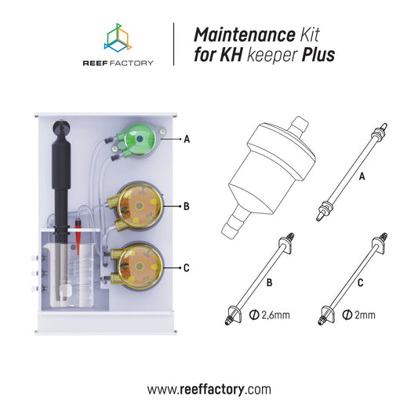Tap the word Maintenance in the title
pos(232,35)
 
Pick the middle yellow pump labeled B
pos(140,207)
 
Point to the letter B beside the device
pos(187,207)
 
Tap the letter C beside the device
pos(187,267)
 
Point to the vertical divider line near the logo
pos(173,45)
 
